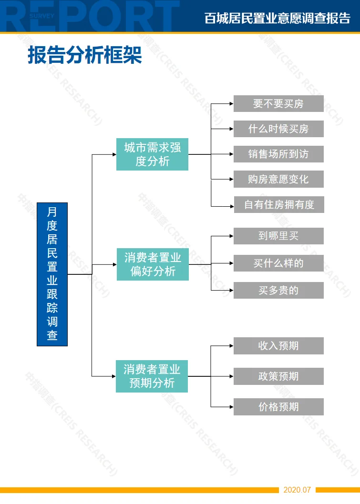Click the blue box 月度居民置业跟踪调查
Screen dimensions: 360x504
tap(52, 274)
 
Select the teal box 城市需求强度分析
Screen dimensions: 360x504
tap(152, 154)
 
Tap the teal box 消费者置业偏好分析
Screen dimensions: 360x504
tap(153, 264)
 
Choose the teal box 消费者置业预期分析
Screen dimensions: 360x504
tap(152, 376)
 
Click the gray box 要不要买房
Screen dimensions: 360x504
tap(278, 103)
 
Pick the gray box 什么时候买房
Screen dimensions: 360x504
tap(278, 129)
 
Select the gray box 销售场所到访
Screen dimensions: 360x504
tap(278, 154)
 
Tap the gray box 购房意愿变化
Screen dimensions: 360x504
tap(278, 179)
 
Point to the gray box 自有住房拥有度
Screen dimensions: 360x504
tap(279, 204)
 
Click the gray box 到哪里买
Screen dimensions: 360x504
tap(278, 236)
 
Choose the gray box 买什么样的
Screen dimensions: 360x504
tap(278, 263)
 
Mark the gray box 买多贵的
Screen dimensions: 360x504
tap(278, 290)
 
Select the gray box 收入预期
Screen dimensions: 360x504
tap(278, 346)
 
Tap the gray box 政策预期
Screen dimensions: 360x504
tap(278, 376)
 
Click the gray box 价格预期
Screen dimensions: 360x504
tap(278, 407)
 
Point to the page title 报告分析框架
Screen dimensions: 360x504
tap(85, 55)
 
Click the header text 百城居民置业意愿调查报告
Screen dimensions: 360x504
tap(278, 18)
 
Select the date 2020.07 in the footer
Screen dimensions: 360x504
tap(297, 490)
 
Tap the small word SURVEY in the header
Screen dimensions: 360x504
tap(42, 16)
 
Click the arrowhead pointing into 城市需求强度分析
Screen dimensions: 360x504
tap(114, 154)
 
